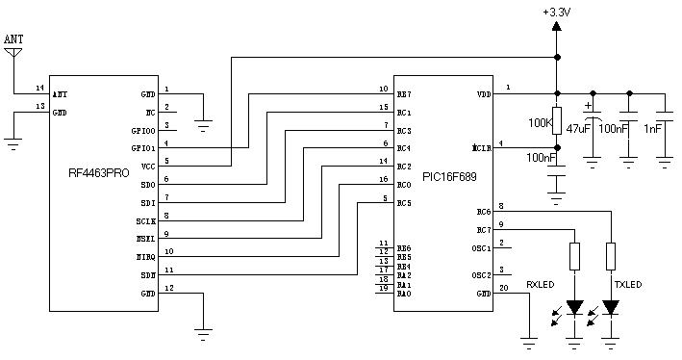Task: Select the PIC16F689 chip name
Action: click(x=452, y=179)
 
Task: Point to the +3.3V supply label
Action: click(x=557, y=11)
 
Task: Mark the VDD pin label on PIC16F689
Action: click(x=483, y=94)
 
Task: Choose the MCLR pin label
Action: click(x=481, y=149)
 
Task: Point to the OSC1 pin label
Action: click(x=481, y=248)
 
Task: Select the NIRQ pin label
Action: click(x=144, y=256)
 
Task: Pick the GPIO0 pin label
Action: click(x=142, y=129)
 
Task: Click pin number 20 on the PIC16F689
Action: click(x=504, y=287)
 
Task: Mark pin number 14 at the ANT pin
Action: click(x=38, y=88)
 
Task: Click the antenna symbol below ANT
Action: click(x=13, y=52)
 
